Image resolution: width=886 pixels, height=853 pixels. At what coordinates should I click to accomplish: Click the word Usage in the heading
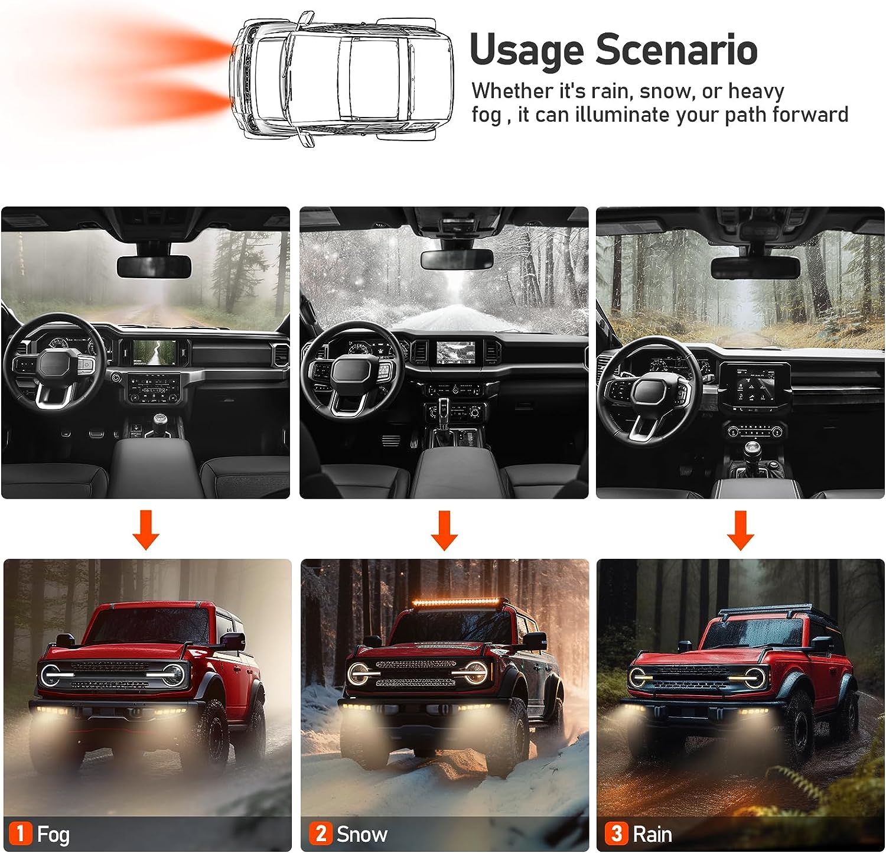coord(527,51)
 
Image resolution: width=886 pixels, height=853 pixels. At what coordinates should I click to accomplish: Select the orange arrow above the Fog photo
coord(146,530)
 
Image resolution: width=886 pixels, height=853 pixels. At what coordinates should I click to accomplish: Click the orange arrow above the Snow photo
coord(444,530)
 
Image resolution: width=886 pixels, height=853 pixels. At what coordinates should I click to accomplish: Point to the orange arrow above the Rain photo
coord(740,530)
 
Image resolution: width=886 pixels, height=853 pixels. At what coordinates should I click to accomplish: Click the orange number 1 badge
coord(20,834)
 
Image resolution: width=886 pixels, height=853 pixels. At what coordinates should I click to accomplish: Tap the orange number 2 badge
coord(320,834)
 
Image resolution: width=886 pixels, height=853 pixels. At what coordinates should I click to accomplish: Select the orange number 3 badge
coord(616,834)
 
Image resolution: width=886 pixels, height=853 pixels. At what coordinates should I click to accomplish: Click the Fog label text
coord(53,835)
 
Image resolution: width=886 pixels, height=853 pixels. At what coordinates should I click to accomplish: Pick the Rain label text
coord(652,834)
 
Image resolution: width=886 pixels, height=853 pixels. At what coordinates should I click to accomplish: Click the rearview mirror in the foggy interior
coord(154,267)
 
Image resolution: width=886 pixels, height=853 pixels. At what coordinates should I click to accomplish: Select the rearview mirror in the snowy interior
coord(457,258)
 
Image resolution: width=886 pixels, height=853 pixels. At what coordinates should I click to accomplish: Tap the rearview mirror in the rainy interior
coord(755,267)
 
